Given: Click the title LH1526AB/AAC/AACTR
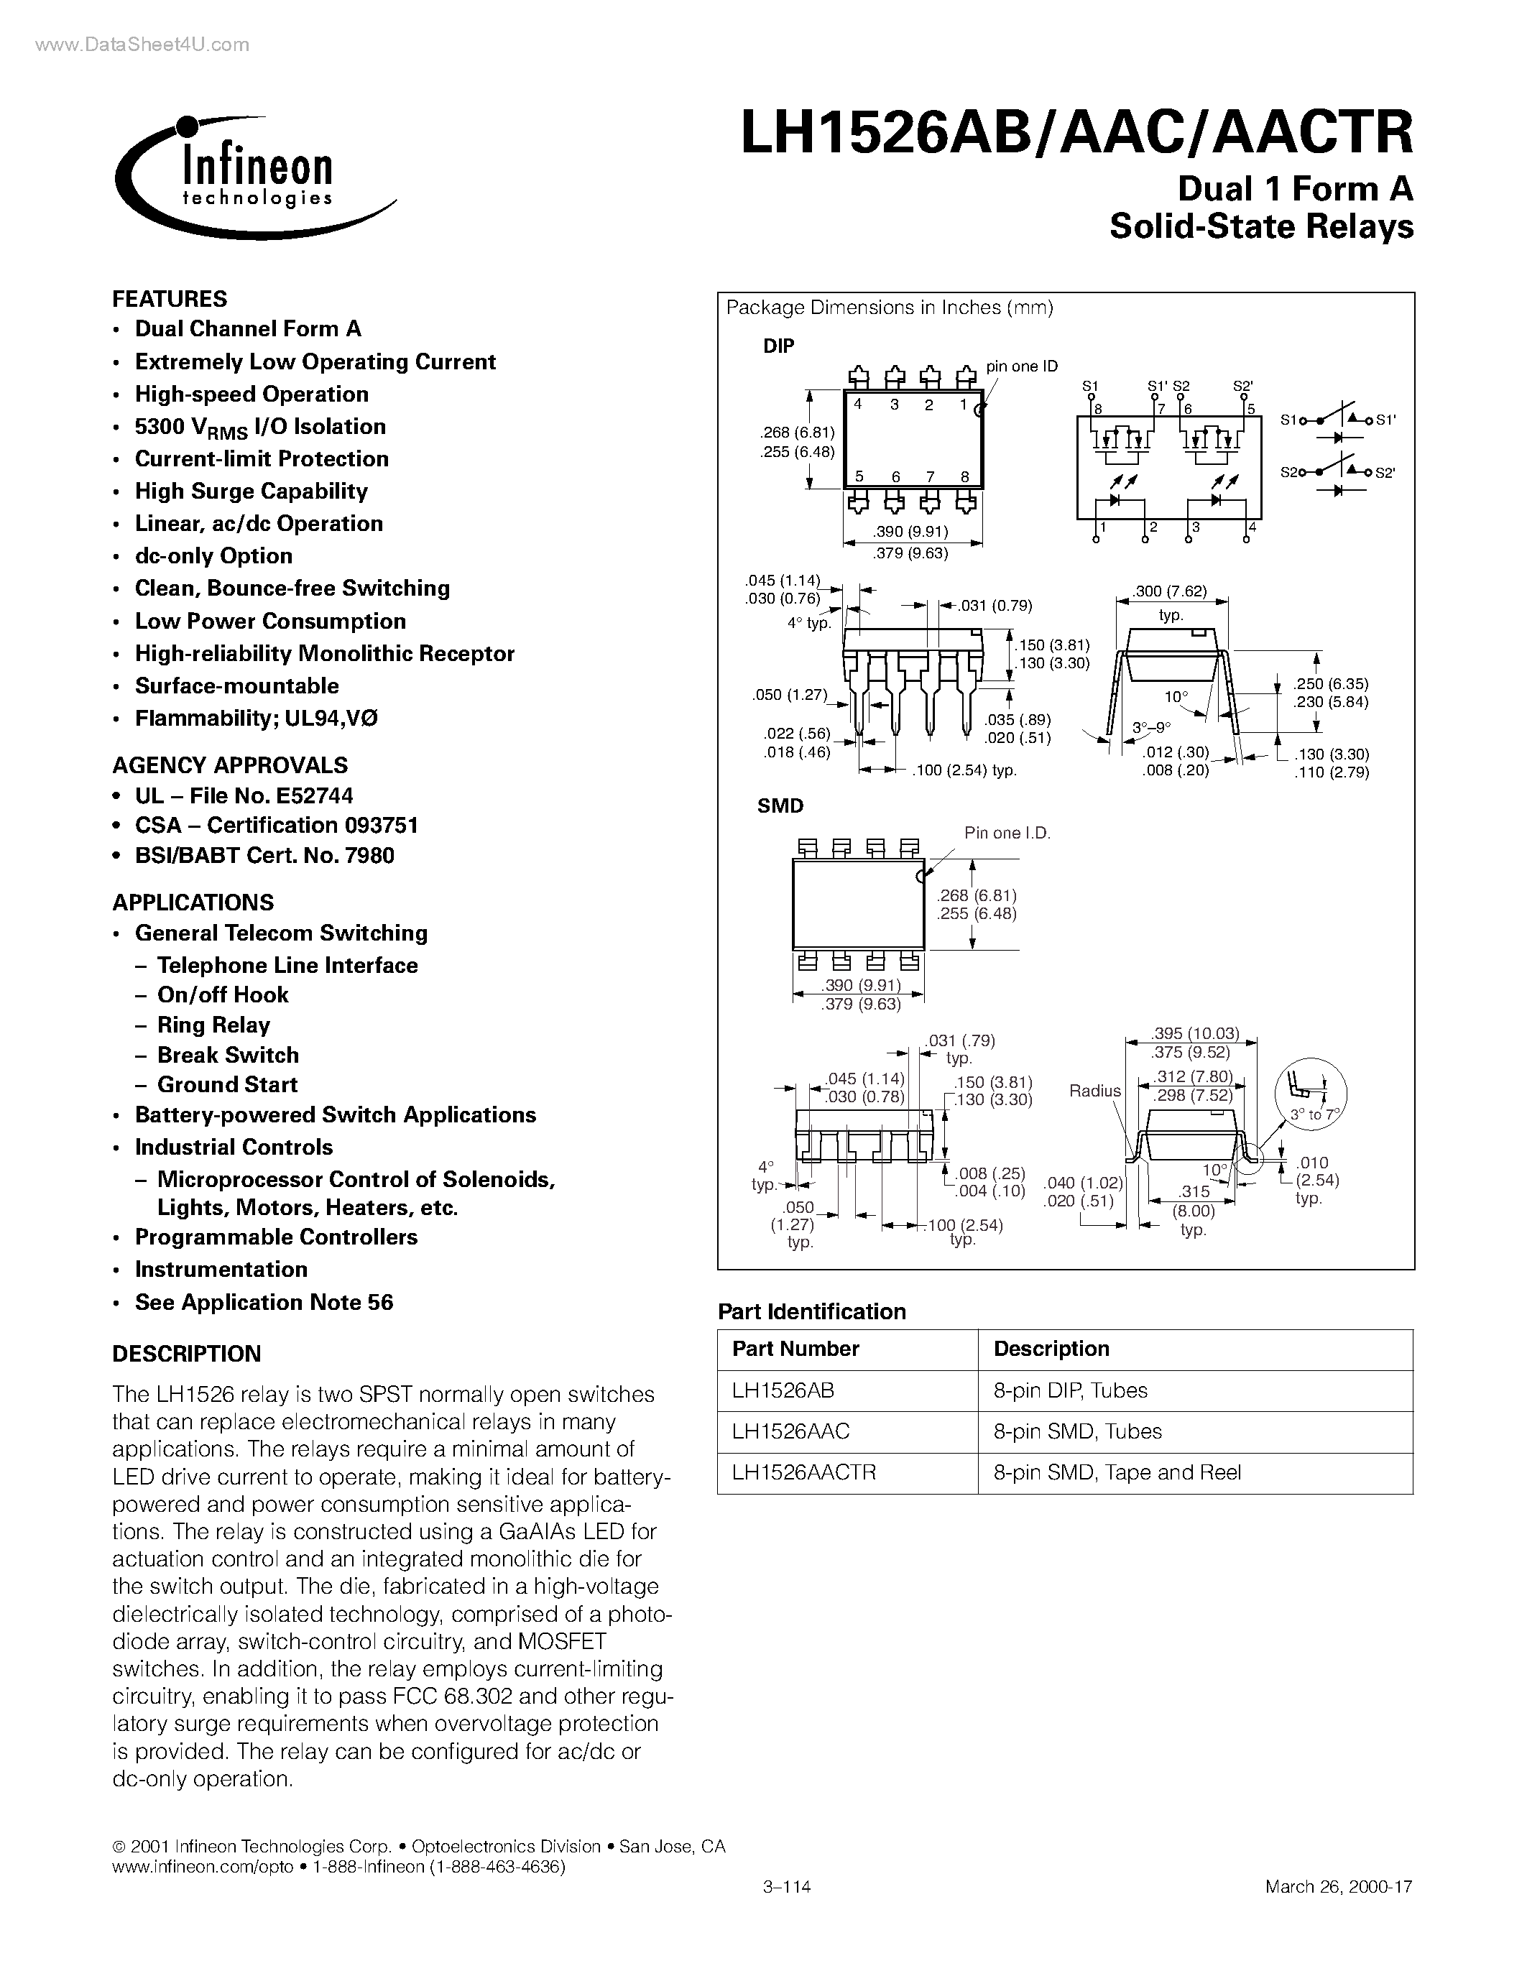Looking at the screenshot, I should pyautogui.click(x=1076, y=134).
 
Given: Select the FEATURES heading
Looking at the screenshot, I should pyautogui.click(x=169, y=299).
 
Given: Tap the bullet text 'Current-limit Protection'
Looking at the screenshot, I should pyautogui.click(x=262, y=458).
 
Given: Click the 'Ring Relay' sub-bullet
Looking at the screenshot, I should pyautogui.click(x=213, y=1025).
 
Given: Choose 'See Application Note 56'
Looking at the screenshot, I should pyautogui.click(x=264, y=1302).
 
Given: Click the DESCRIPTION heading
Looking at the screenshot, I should pyautogui.click(x=186, y=1354).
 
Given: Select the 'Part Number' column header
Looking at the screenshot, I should pyautogui.click(x=795, y=1349).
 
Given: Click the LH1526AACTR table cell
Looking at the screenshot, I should pyautogui.click(x=804, y=1472).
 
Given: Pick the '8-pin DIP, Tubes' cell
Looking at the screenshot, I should pyautogui.click(x=1070, y=1390).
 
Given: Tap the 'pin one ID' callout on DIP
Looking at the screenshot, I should pyautogui.click(x=1021, y=366).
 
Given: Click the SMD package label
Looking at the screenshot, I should pyautogui.click(x=780, y=805).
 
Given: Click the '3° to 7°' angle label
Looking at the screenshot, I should pyautogui.click(x=1314, y=1114).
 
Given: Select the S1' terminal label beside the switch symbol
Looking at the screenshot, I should pyautogui.click(x=1387, y=420).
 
